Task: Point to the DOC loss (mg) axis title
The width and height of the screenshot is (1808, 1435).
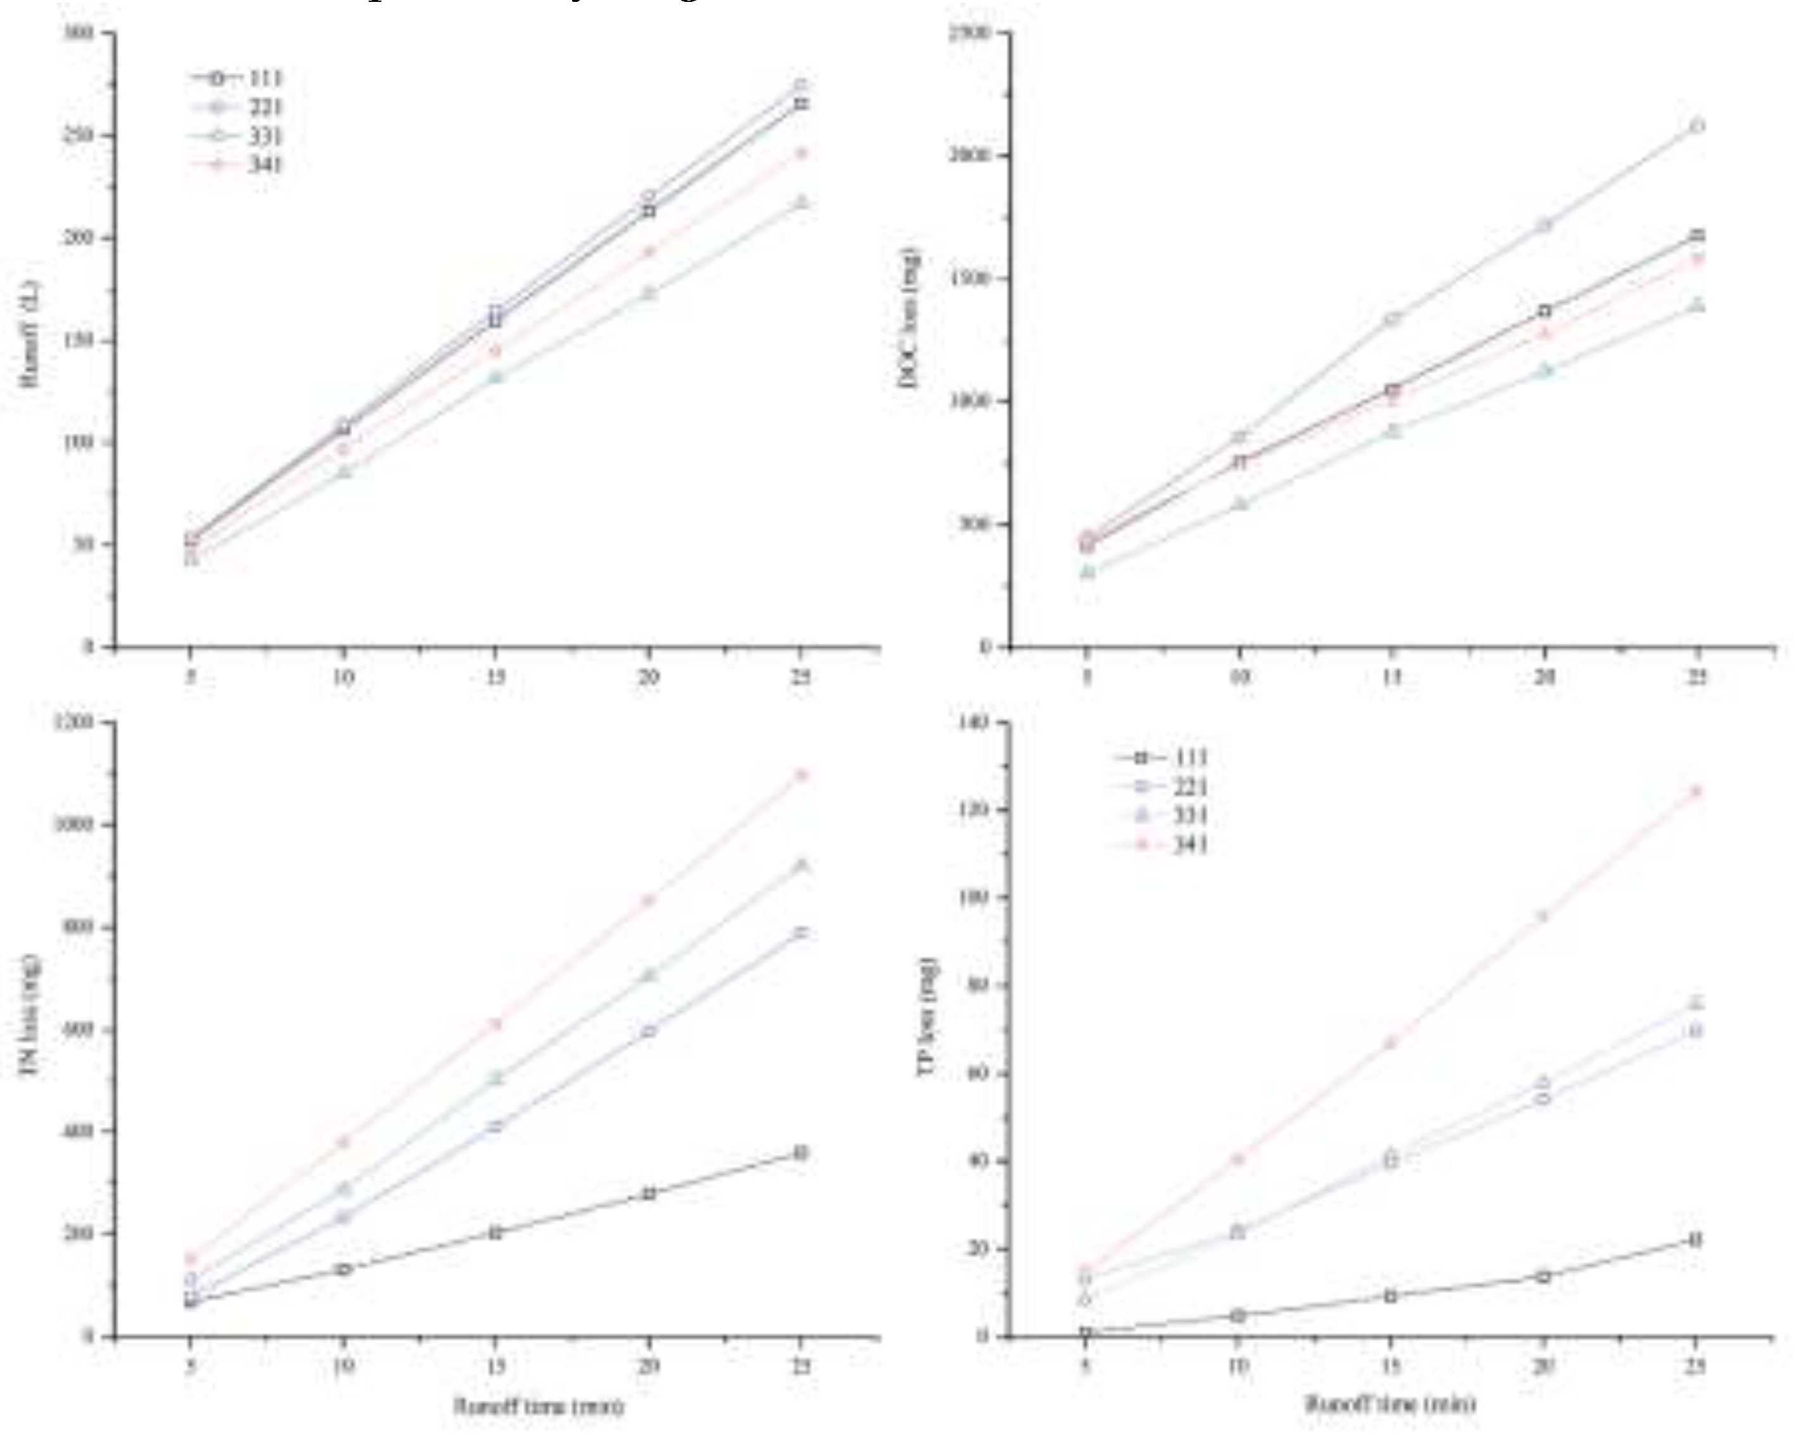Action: (909, 319)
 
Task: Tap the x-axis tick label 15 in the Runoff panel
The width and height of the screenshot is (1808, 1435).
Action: (495, 678)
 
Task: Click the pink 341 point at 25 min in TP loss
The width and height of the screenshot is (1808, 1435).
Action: (1696, 791)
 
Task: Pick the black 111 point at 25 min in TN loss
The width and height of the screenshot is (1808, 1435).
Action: (801, 1155)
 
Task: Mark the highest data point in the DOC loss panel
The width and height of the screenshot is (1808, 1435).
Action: (1696, 127)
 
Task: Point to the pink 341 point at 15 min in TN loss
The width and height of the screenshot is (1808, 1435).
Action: (495, 1024)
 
